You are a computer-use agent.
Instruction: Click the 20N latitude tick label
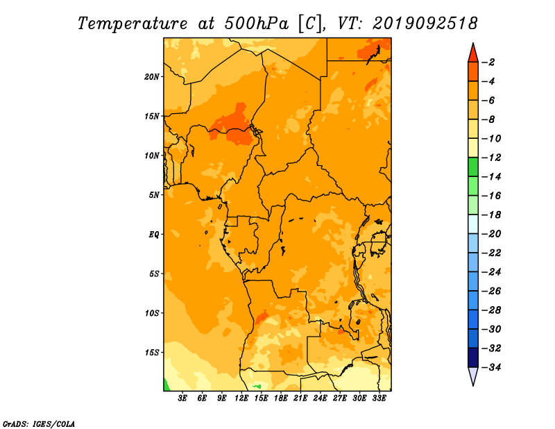tap(151, 77)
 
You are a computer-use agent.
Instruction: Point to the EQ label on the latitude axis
tap(153, 235)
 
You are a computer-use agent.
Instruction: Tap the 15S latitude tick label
tap(152, 353)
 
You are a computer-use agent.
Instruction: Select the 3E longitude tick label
tap(182, 398)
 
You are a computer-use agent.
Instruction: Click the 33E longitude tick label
tap(379, 398)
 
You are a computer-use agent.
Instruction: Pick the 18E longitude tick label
tap(281, 398)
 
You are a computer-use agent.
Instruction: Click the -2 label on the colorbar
tap(488, 62)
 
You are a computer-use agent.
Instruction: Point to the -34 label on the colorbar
tap(491, 367)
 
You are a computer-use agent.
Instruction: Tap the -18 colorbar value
tap(491, 215)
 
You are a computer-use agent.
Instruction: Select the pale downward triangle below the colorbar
tap(473, 376)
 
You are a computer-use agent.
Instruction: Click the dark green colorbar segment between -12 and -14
tap(473, 167)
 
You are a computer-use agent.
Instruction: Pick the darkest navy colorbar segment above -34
tap(473, 357)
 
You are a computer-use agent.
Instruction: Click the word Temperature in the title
tap(133, 24)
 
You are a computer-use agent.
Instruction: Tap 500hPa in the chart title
tap(257, 24)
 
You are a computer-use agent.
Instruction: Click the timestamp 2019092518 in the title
tap(425, 24)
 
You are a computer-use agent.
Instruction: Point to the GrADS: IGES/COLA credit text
tap(39, 424)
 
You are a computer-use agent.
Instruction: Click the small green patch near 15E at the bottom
tap(257, 387)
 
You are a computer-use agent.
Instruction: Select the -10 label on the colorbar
tap(491, 139)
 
